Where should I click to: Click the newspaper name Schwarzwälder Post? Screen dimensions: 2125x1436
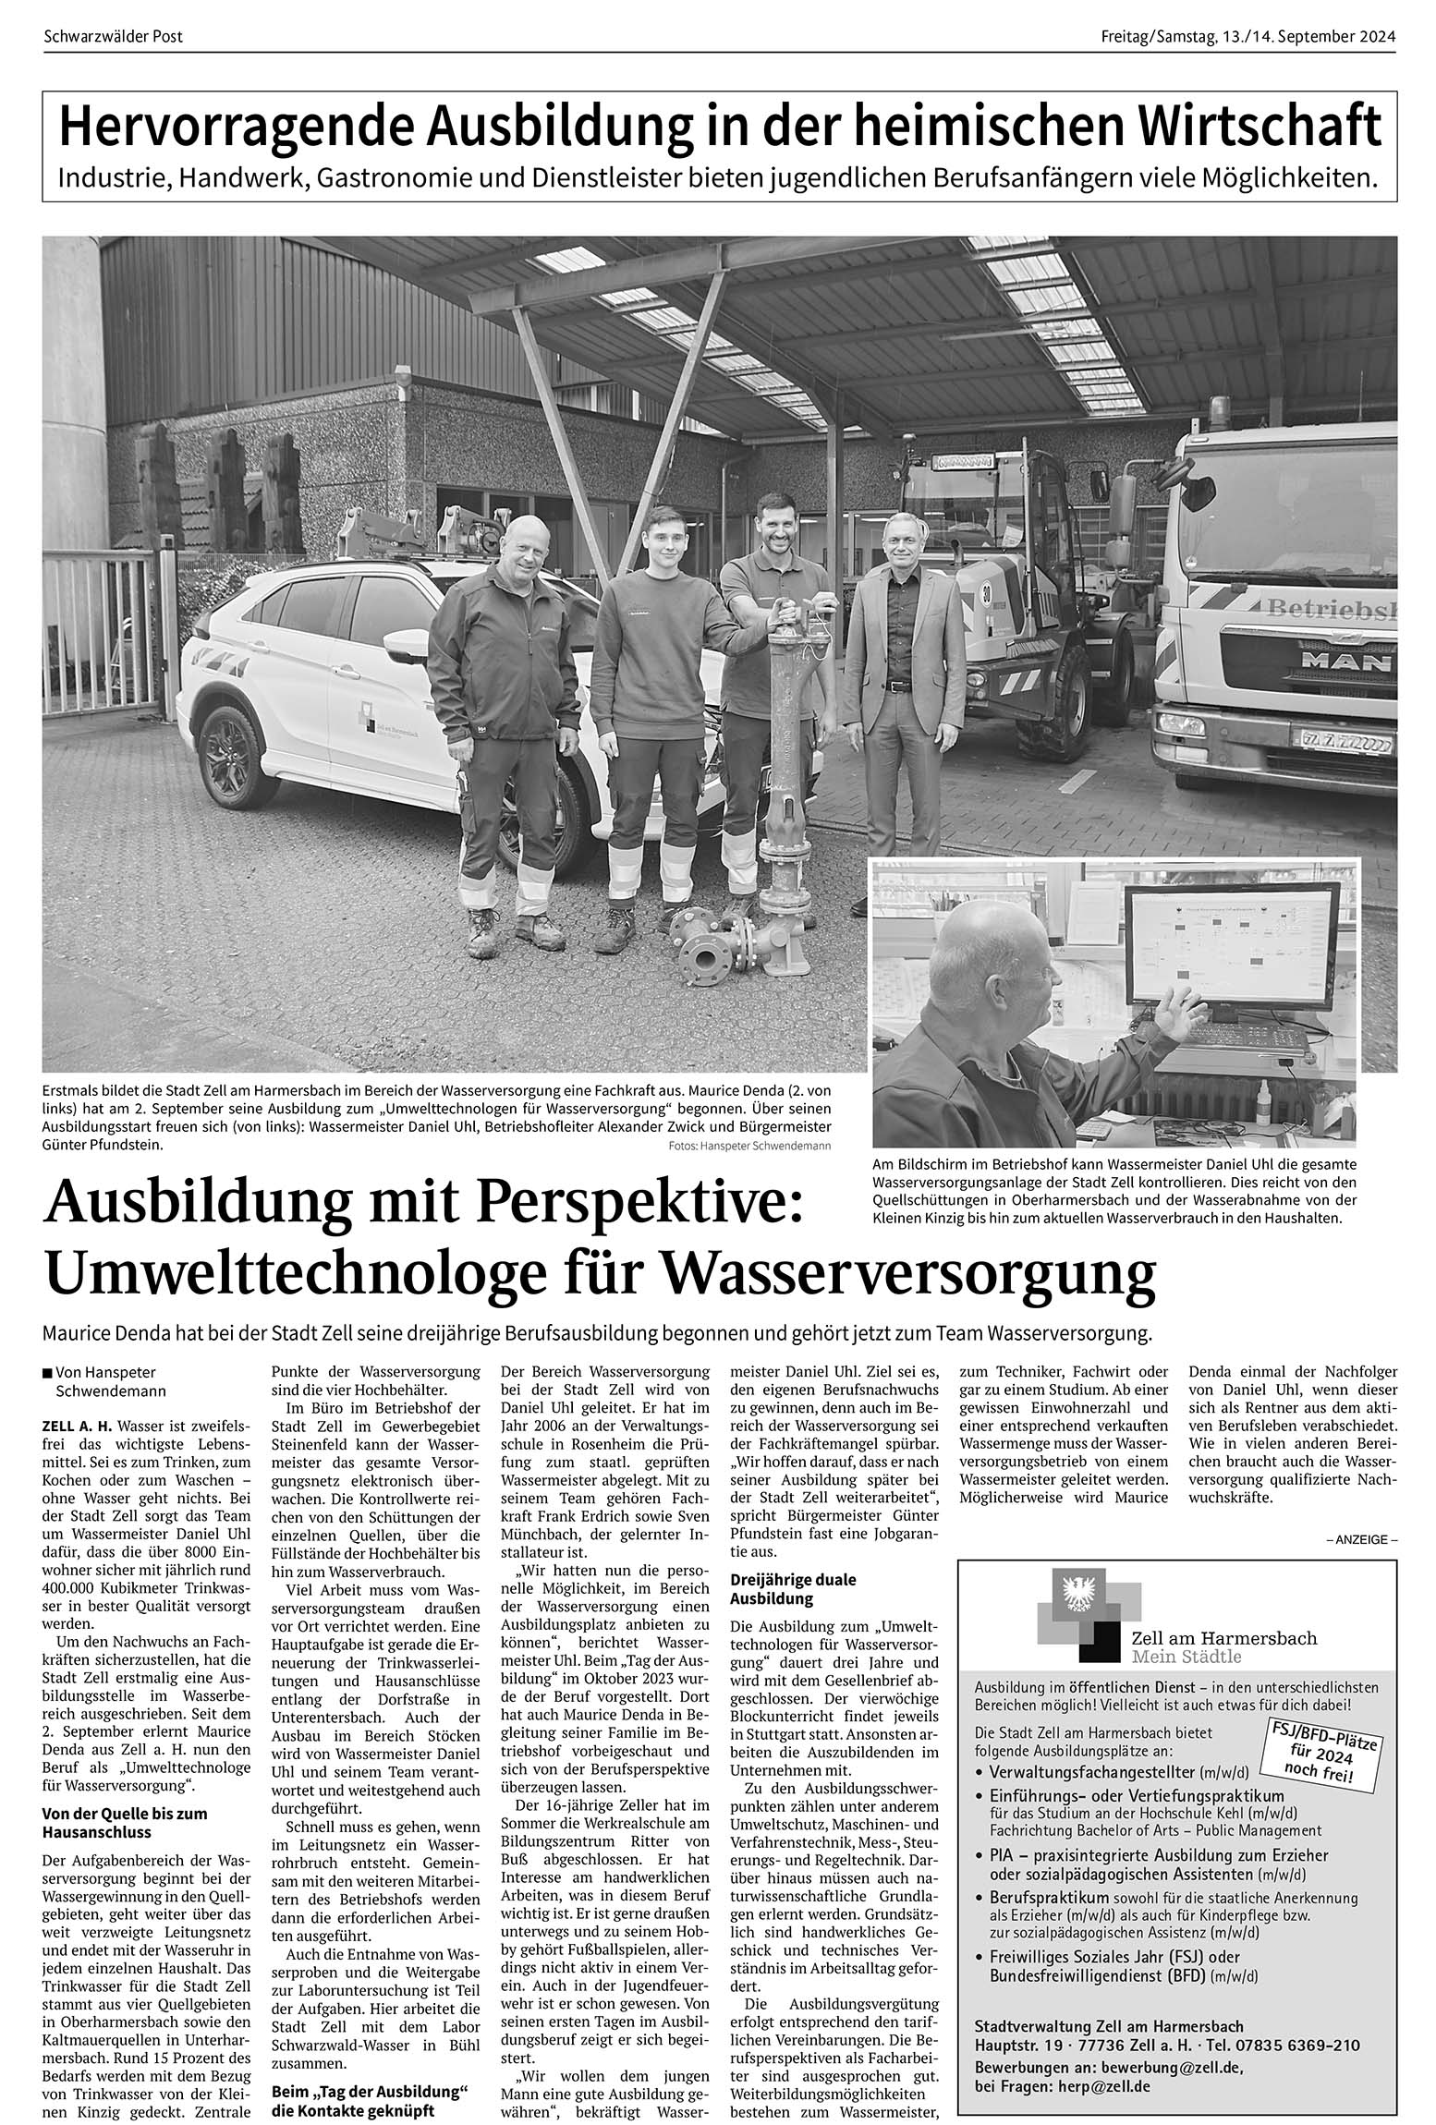[114, 37]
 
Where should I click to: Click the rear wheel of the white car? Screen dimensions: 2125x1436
[226, 756]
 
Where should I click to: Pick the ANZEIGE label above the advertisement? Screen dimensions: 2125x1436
[1361, 1540]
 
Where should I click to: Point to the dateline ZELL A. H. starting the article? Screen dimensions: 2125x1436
[78, 1427]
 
